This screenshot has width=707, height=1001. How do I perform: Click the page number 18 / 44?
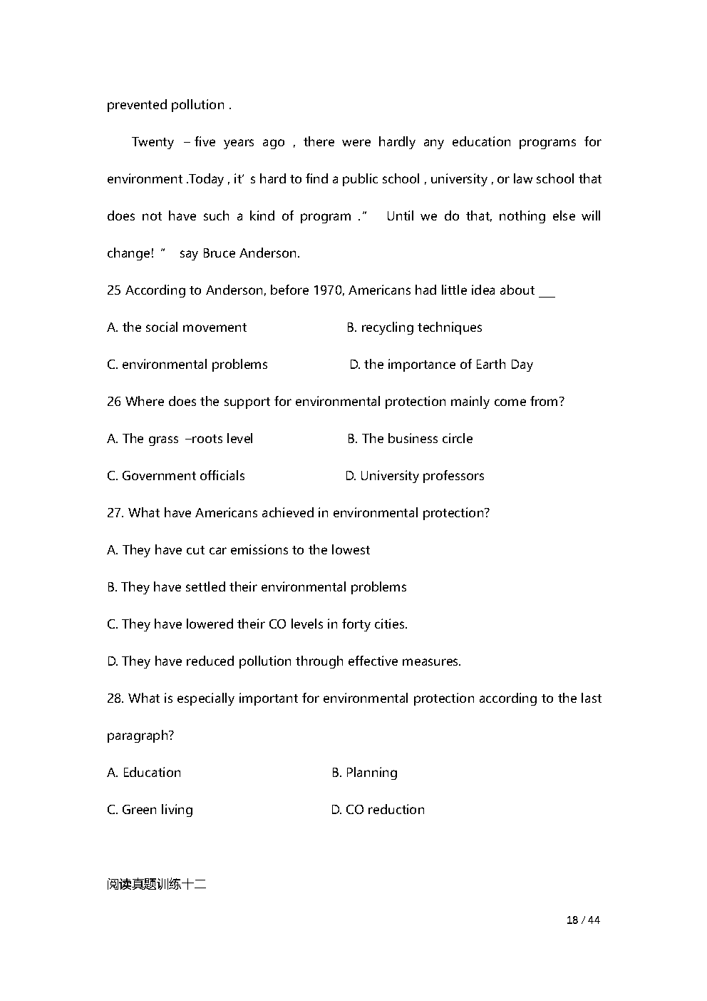[582, 920]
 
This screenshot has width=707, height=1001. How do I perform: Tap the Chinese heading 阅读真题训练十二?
[156, 885]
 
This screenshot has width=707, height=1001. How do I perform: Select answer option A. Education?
[144, 772]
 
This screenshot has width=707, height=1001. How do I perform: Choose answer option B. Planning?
[364, 772]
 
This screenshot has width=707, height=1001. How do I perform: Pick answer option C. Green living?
[150, 809]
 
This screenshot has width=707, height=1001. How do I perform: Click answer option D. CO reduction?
[378, 809]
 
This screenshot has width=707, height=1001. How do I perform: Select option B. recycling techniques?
[414, 327]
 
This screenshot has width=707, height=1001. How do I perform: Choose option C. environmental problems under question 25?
[187, 364]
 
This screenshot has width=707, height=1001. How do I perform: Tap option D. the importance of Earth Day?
[441, 364]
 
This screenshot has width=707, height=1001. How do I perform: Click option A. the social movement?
[177, 327]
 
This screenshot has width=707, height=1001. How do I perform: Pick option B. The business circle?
[410, 438]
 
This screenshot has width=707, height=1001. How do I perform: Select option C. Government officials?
[176, 475]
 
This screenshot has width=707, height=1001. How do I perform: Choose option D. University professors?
[415, 475]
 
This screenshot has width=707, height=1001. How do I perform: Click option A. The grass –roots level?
[180, 438]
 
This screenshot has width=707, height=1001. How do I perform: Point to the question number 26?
[114, 401]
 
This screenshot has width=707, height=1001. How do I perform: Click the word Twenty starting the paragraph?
[153, 141]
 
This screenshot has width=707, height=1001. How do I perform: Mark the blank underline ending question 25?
[547, 293]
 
